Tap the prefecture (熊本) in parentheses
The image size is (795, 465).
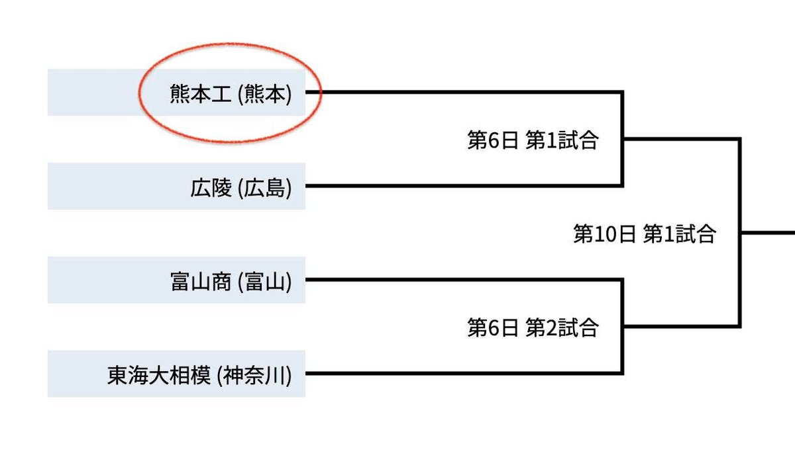click(x=264, y=95)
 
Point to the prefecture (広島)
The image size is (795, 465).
click(x=264, y=189)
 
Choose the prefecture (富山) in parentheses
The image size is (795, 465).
click(x=264, y=282)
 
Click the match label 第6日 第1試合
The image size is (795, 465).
click(x=533, y=141)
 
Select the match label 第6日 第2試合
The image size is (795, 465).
click(x=533, y=327)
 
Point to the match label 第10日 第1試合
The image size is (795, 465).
click(x=644, y=234)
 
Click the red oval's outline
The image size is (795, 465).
click(x=321, y=93)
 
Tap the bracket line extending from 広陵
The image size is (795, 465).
click(x=464, y=186)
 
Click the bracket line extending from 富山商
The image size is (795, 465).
click(x=464, y=280)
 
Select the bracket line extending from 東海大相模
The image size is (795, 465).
click(x=464, y=374)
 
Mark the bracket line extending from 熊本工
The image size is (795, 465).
click(x=464, y=92)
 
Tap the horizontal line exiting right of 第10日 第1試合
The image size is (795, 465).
click(x=768, y=233)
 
